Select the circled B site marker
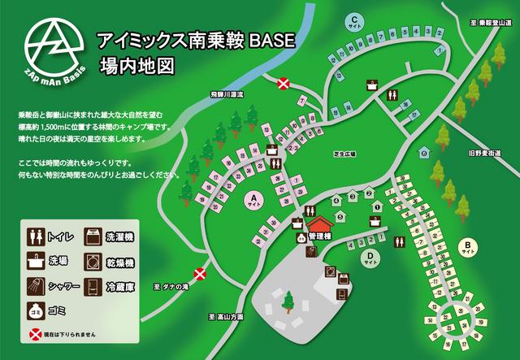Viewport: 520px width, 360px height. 467,246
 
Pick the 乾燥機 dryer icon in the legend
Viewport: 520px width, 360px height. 92,262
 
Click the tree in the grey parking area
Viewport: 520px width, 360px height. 287,301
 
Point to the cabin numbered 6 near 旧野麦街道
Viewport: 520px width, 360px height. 424,153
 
